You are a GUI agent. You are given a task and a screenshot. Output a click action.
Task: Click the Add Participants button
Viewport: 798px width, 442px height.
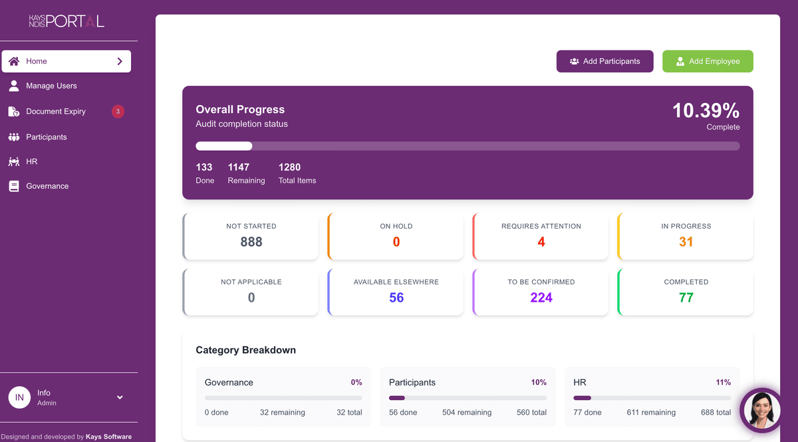pyautogui.click(x=604, y=61)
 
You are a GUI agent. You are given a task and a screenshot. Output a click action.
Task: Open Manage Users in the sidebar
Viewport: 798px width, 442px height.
pyautogui.click(x=51, y=86)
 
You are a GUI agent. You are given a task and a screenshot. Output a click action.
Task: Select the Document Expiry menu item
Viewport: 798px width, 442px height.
pyautogui.click(x=56, y=112)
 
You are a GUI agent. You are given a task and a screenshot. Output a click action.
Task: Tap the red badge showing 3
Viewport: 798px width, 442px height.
pyautogui.click(x=118, y=112)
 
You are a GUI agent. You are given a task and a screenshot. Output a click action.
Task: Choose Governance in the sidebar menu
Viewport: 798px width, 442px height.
pyautogui.click(x=47, y=186)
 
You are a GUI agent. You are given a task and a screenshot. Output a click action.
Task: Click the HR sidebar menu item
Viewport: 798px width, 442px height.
pyautogui.click(x=31, y=162)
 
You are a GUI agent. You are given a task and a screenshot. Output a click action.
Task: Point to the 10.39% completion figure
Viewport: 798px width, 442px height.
pyautogui.click(x=706, y=110)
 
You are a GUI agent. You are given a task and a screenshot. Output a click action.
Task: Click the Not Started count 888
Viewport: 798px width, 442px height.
pyautogui.click(x=251, y=242)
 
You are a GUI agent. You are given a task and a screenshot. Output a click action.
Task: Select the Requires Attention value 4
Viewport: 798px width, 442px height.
pyautogui.click(x=541, y=242)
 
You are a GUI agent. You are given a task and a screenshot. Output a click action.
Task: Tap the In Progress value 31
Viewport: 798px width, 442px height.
pyautogui.click(x=686, y=242)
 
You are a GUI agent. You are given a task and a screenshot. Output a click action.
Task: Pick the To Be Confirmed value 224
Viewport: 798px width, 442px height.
pyautogui.click(x=541, y=298)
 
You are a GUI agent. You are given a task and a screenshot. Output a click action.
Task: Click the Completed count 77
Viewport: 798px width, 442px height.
pyautogui.click(x=686, y=298)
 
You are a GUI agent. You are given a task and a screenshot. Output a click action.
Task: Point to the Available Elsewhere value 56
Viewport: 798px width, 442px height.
pyautogui.click(x=396, y=298)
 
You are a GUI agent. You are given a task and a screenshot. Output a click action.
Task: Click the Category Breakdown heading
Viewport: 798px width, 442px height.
pyautogui.click(x=245, y=350)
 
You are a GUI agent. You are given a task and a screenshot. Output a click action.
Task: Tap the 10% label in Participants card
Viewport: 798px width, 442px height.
pyautogui.click(x=539, y=382)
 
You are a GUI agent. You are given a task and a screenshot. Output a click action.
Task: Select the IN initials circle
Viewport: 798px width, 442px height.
pyautogui.click(x=19, y=397)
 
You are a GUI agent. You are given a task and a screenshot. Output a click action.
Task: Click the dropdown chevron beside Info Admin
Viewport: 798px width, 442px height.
pyautogui.click(x=120, y=397)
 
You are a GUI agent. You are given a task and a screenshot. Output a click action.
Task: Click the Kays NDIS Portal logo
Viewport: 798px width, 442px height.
pyautogui.click(x=66, y=21)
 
